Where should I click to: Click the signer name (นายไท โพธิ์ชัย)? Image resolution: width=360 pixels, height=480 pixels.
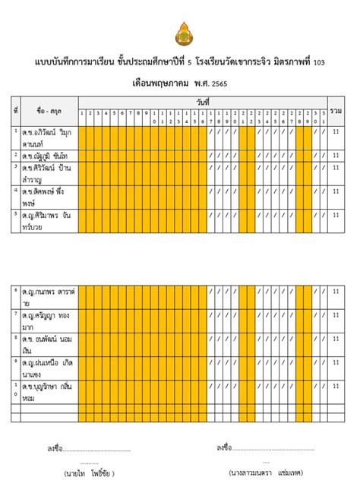point(90,472)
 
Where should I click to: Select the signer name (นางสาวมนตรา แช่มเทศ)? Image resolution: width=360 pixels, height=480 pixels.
point(265,472)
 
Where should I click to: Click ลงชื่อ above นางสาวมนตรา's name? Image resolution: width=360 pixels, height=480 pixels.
point(224,448)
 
